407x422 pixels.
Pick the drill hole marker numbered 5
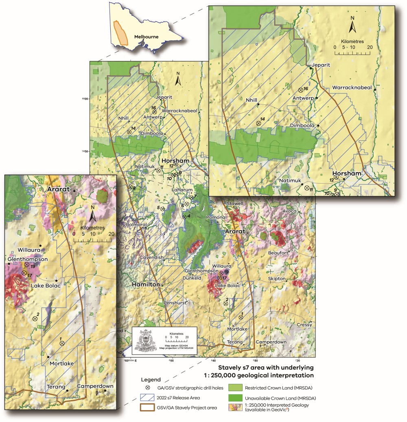(x=162, y=208)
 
